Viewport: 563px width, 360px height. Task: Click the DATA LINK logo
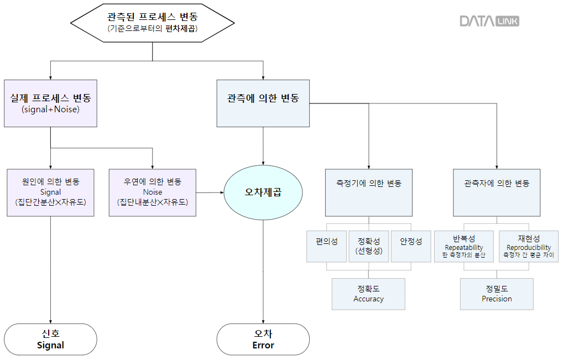(489, 21)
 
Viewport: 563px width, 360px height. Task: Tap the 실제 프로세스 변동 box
(50, 103)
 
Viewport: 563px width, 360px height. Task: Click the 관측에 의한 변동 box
(263, 103)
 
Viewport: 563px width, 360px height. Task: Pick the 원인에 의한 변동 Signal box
(50, 192)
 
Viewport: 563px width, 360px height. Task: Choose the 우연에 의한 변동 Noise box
(152, 192)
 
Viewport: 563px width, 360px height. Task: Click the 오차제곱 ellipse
(263, 193)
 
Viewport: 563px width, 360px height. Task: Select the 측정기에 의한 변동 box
(368, 192)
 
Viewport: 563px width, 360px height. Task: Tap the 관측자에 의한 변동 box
(496, 192)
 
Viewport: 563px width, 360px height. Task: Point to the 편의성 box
(326, 246)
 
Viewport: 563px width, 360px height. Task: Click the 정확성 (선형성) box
(368, 246)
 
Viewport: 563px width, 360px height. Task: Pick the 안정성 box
(410, 246)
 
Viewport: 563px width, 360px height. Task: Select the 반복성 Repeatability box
(463, 246)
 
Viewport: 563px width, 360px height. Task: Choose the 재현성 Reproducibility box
(528, 246)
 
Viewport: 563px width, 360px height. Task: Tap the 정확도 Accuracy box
(368, 294)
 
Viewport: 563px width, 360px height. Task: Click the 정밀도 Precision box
(497, 294)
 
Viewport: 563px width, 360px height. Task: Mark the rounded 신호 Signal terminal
(50, 339)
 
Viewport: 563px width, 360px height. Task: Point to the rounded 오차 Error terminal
(263, 339)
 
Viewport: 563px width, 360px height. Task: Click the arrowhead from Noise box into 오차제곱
(221, 192)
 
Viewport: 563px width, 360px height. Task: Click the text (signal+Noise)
(50, 109)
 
